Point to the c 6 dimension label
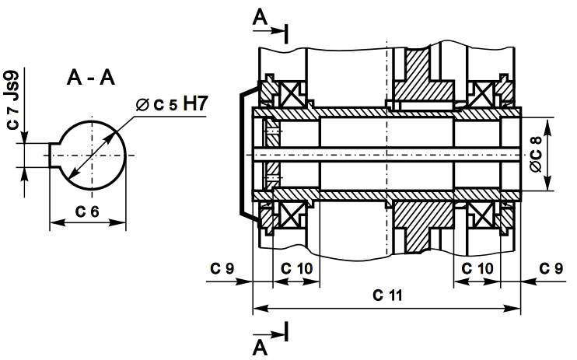pyautogui.click(x=87, y=211)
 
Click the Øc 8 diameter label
pyautogui.click(x=534, y=154)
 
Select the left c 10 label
pyautogui.click(x=296, y=267)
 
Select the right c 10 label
pyautogui.click(x=477, y=267)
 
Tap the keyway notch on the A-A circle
pyautogui.click(x=55, y=154)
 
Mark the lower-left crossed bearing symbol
pyautogui.click(x=293, y=218)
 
